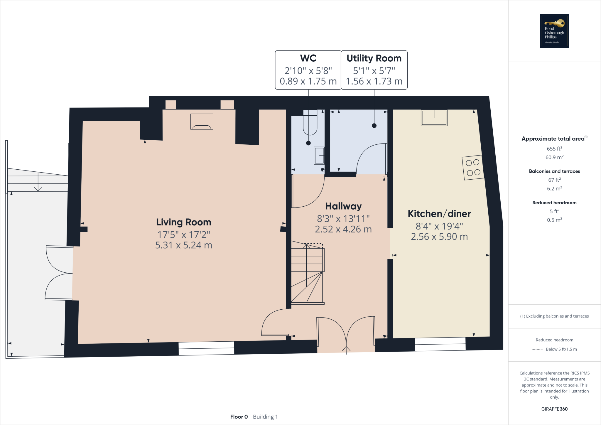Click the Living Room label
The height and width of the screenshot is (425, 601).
(183, 222)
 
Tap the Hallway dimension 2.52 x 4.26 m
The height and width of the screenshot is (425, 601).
(343, 229)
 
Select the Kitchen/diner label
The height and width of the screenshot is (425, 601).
(439, 214)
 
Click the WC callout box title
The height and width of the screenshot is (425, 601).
(308, 58)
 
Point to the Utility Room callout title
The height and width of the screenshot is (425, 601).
(374, 58)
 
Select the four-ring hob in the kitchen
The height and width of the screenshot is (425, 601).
(473, 167)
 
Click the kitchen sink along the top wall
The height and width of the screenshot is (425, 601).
(434, 118)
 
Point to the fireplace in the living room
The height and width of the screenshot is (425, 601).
(202, 122)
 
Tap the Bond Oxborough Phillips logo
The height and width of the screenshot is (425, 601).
(554, 31)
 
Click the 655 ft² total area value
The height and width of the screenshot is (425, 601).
(554, 149)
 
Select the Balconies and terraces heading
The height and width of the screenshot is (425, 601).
(554, 171)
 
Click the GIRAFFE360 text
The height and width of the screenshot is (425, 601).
(554, 409)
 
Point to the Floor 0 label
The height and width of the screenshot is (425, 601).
(239, 417)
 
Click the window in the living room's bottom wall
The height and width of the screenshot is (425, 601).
(206, 348)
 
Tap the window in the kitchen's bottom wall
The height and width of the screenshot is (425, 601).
(440, 344)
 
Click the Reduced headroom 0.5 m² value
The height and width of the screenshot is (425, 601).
(554, 220)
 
